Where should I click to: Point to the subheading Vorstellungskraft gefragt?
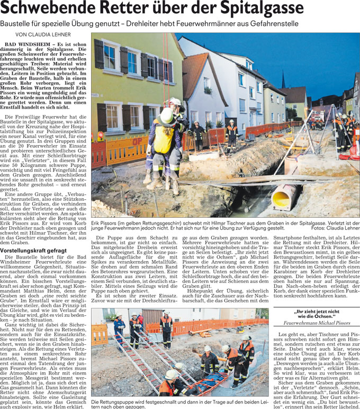[x=33, y=250]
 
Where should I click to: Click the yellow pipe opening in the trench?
[x=281, y=199]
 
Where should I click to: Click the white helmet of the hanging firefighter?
[x=167, y=114]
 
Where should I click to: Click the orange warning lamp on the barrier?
[x=100, y=136]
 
